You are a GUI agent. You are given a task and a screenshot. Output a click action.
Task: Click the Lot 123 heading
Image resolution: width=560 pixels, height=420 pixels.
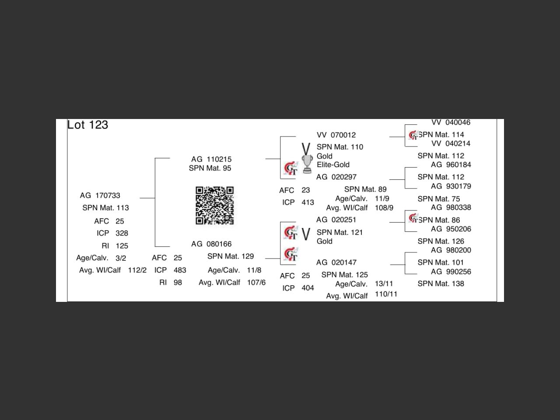[87, 125]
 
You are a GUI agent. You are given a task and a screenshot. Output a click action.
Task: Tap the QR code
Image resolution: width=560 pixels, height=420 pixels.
[214, 205]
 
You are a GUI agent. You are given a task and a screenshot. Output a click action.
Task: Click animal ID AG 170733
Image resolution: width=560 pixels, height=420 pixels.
[100, 196]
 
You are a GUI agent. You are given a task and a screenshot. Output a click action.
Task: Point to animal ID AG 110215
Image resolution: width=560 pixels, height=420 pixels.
[211, 159]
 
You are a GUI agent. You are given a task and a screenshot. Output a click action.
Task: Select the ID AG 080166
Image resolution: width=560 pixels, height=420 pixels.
[211, 244]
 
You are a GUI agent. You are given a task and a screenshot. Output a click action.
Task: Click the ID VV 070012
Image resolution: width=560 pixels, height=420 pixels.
[336, 135]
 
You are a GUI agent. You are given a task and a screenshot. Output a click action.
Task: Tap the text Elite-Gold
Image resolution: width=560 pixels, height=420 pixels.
[333, 165]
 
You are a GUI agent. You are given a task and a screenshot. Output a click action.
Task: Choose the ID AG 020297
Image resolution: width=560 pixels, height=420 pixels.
[336, 177]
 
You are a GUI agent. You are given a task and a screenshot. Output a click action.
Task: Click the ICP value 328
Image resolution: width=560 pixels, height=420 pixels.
[122, 233]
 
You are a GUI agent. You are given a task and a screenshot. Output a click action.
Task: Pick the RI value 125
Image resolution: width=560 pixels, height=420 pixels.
[122, 246]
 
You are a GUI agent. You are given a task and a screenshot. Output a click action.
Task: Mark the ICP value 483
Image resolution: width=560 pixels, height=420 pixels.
[180, 270]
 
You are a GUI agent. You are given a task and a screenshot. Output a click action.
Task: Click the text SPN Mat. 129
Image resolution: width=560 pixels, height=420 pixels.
[231, 256]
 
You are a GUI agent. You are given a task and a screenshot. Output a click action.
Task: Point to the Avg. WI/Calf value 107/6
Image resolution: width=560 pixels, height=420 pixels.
[256, 283]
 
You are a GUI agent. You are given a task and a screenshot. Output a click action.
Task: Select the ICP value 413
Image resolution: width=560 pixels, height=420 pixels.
[308, 203]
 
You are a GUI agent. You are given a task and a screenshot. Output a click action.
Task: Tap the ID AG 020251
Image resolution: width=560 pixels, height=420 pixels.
[336, 220]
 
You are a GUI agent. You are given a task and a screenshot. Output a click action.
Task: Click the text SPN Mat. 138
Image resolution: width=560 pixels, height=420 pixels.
[441, 283]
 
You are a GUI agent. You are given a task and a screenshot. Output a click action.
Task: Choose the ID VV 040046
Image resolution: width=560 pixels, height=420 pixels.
[451, 122]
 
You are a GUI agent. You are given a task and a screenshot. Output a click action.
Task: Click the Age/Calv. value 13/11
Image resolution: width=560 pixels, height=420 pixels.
[384, 284]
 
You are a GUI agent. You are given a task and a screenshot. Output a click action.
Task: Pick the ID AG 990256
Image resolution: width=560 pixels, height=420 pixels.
[451, 272]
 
